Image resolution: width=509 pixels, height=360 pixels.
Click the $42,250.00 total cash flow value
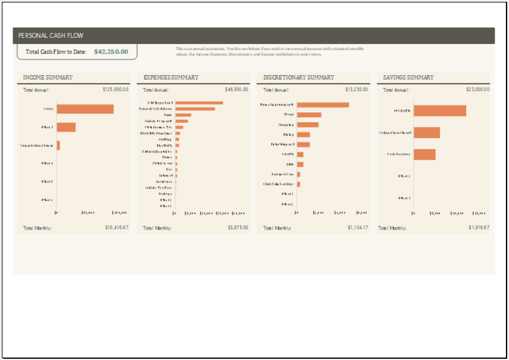(x=111, y=52)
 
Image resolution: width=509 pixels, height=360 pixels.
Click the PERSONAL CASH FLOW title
(x=51, y=35)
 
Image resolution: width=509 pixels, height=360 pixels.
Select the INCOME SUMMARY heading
(x=48, y=78)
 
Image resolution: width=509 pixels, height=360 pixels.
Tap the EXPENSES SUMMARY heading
(x=171, y=78)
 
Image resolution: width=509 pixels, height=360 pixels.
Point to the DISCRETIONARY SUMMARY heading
(x=299, y=78)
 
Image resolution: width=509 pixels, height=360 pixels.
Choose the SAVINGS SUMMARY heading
(x=408, y=78)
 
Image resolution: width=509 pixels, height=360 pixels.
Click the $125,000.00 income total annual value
(x=115, y=89)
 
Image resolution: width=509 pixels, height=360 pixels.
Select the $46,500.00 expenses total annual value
(x=236, y=89)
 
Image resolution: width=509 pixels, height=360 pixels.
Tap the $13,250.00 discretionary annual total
(x=356, y=89)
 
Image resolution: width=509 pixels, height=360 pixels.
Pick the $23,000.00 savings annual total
(x=477, y=89)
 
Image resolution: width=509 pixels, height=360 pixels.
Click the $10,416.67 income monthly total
(x=117, y=228)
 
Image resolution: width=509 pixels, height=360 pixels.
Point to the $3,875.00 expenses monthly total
(x=238, y=228)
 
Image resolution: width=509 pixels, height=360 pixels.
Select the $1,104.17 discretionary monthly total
(x=358, y=228)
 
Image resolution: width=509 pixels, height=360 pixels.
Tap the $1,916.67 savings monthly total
(x=479, y=228)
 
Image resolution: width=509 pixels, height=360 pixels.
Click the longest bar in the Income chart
(x=85, y=109)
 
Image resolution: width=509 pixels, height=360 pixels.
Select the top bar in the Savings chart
(x=439, y=110)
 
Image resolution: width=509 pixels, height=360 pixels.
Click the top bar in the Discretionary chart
(x=323, y=105)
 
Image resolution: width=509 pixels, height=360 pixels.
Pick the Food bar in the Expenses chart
(x=183, y=115)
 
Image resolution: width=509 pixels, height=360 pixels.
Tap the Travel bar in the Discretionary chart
(x=309, y=115)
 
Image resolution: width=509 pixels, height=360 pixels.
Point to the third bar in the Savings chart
(x=425, y=154)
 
